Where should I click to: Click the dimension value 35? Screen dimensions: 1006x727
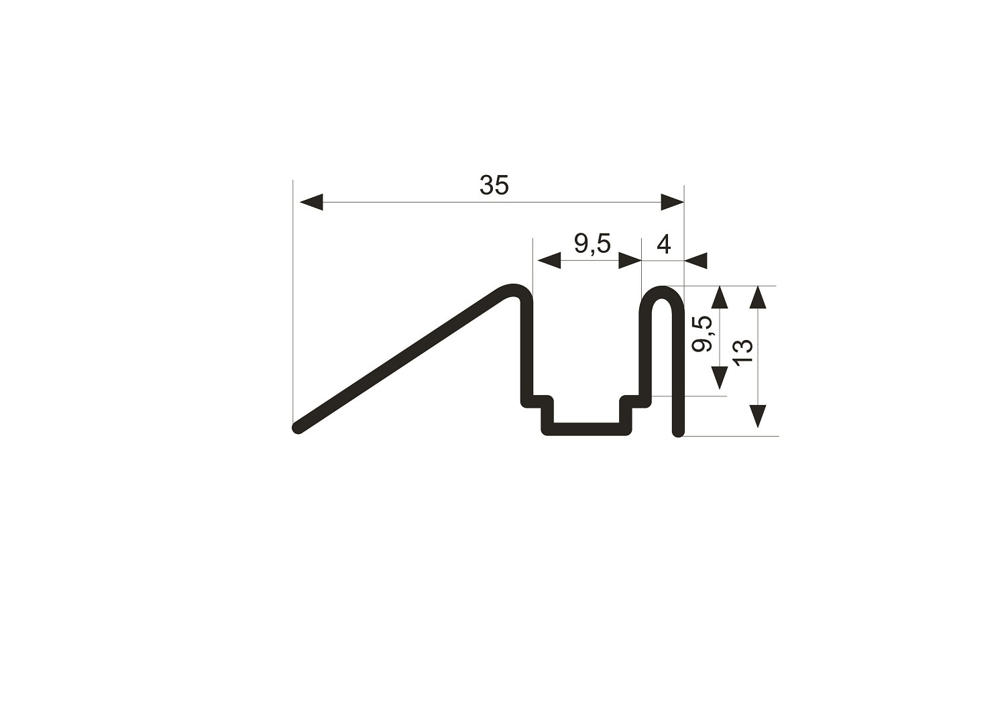(494, 185)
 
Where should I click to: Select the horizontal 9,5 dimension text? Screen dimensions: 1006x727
(592, 245)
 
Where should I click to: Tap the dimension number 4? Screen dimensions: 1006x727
(664, 245)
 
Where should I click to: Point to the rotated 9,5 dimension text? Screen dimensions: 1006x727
(703, 333)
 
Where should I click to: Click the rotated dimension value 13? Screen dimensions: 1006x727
(743, 352)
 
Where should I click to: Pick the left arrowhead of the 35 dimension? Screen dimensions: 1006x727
(311, 202)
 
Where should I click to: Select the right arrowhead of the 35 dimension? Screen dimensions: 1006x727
(672, 202)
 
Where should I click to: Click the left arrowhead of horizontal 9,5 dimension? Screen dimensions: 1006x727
(549, 260)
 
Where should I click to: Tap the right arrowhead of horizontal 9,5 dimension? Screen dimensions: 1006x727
(630, 260)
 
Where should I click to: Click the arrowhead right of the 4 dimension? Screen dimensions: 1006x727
(695, 260)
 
